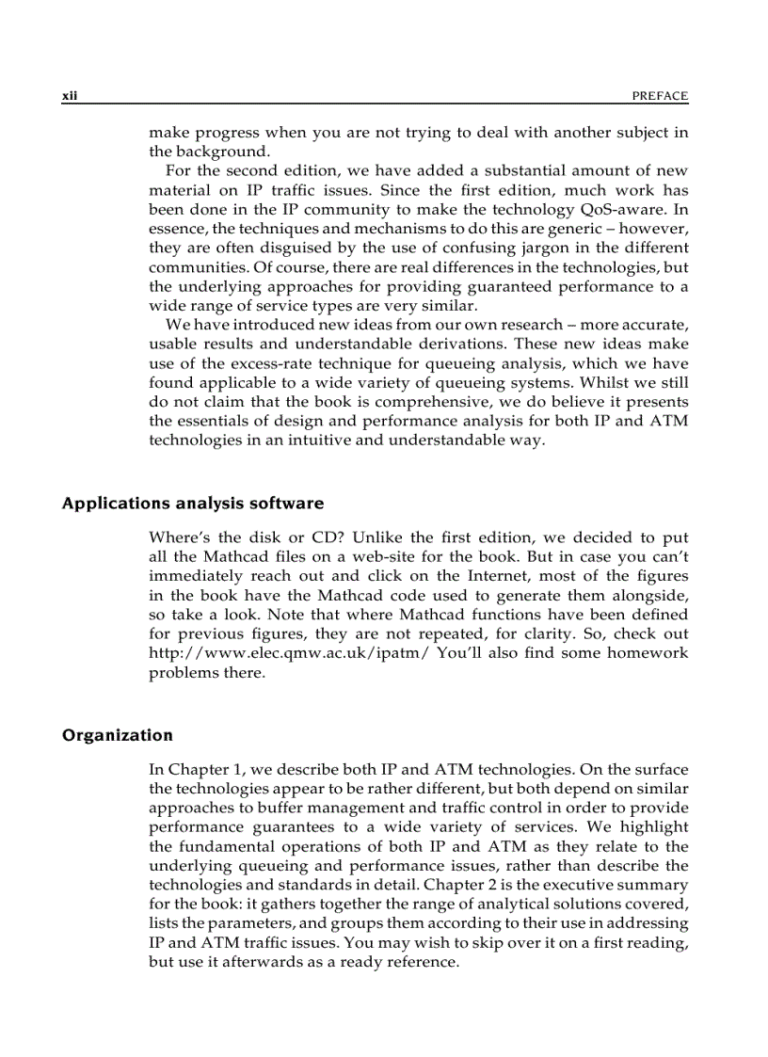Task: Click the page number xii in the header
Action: pyautogui.click(x=69, y=96)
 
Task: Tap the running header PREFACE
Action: pyautogui.click(x=660, y=96)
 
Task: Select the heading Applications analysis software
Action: pyautogui.click(x=192, y=503)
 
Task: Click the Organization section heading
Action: pyautogui.click(x=117, y=734)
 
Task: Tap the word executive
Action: pyautogui.click(x=591, y=884)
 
